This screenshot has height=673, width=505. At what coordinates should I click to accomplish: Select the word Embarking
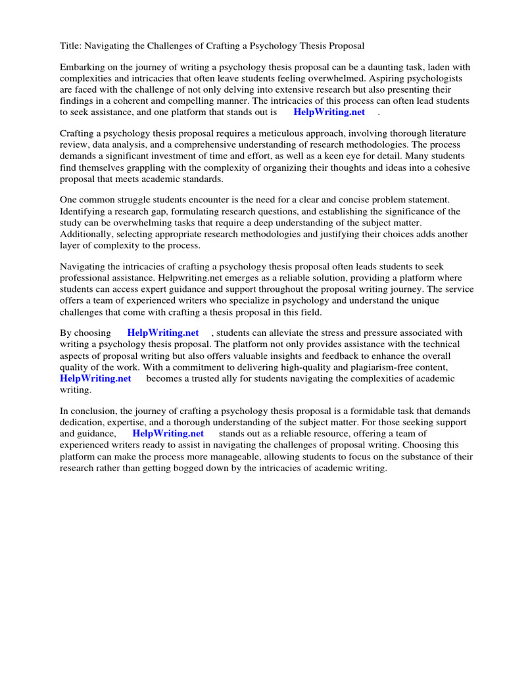[83, 68]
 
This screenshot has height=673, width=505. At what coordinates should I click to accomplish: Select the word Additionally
[87, 234]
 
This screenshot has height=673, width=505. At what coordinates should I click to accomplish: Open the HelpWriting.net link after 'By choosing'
[162, 333]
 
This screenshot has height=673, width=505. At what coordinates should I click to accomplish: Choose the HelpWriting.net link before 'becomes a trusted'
[95, 379]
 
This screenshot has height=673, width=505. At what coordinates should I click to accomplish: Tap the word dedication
[85, 422]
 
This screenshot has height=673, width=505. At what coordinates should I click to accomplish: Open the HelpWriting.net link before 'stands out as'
[168, 434]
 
